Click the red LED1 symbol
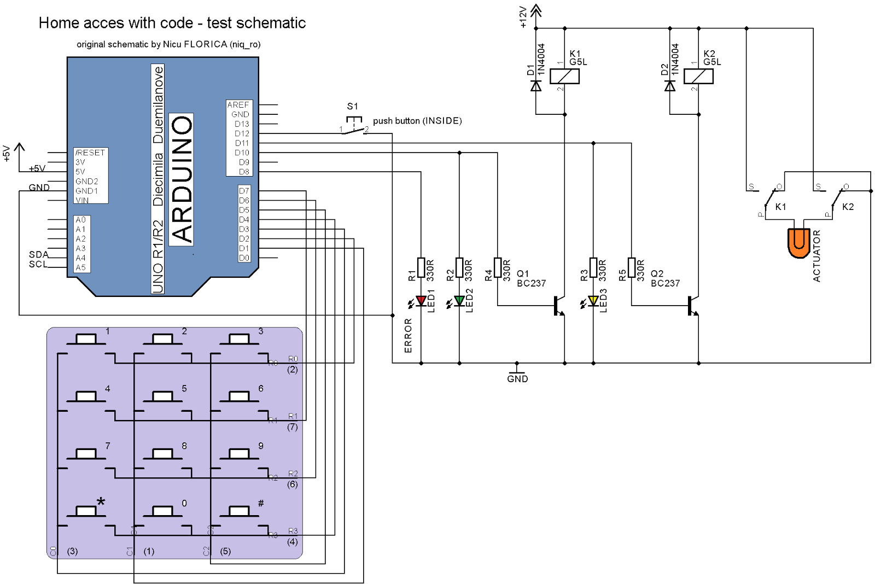coord(421,300)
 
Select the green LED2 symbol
coord(459,300)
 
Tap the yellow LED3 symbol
coord(593,300)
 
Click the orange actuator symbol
coord(798,243)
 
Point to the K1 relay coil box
coord(564,76)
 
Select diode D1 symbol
coord(536,86)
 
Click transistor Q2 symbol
coord(692,306)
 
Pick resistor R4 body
coord(498,268)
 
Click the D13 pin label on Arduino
coord(242,124)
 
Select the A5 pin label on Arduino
coord(81,267)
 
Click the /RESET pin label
coord(90,153)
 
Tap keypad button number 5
coord(162,395)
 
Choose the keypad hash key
coord(240,510)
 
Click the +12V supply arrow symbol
coord(536,10)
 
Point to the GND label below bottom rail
coord(517,379)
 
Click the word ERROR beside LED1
coord(408,336)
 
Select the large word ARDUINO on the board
coord(182,179)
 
